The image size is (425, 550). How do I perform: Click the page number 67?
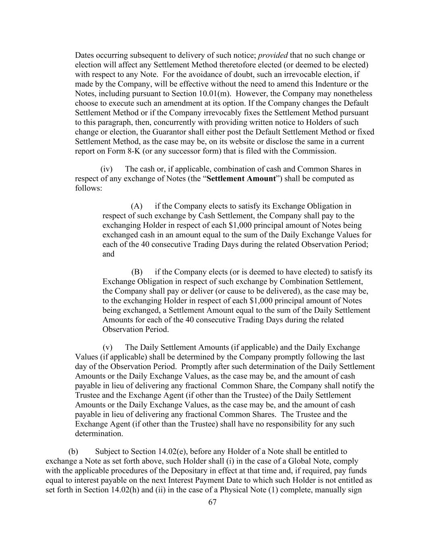coord(212,502)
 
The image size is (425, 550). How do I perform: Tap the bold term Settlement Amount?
coord(240,178)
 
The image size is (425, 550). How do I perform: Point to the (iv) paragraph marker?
coord(106,169)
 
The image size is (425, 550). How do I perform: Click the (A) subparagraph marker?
coord(137,206)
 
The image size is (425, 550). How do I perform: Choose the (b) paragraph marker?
coord(73,452)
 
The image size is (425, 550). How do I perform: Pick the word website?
coord(229,141)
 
